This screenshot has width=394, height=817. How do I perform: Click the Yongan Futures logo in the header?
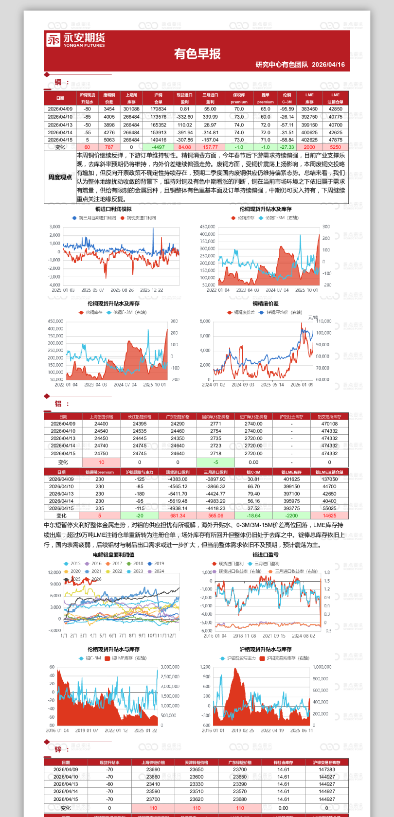(75, 40)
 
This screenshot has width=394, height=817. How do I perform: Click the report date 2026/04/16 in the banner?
(328, 64)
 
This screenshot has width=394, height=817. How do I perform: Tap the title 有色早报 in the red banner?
(197, 53)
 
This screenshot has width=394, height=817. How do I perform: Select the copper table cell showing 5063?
(109, 140)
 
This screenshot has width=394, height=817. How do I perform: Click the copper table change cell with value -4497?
(158, 147)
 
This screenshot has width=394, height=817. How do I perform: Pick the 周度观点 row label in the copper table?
(60, 177)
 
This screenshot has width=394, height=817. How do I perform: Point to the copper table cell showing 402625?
(309, 140)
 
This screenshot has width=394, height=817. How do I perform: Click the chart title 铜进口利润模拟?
(113, 209)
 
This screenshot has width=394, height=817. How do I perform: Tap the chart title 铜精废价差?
(265, 303)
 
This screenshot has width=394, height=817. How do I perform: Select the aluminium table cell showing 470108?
(329, 424)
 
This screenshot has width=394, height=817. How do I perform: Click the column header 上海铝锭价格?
(101, 417)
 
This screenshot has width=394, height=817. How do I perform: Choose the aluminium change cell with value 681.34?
(178, 515)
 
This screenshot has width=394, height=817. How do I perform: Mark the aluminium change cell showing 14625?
(329, 515)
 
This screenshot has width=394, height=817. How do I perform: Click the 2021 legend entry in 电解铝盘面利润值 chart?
(96, 571)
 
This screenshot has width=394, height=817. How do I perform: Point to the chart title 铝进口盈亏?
(265, 554)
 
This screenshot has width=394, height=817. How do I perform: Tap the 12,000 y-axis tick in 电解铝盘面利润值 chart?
(54, 572)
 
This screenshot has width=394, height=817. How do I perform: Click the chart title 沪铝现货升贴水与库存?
(265, 649)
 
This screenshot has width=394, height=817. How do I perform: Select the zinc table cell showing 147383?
(327, 769)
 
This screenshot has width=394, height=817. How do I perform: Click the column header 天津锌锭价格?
(197, 763)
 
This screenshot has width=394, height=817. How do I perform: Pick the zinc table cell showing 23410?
(153, 784)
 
